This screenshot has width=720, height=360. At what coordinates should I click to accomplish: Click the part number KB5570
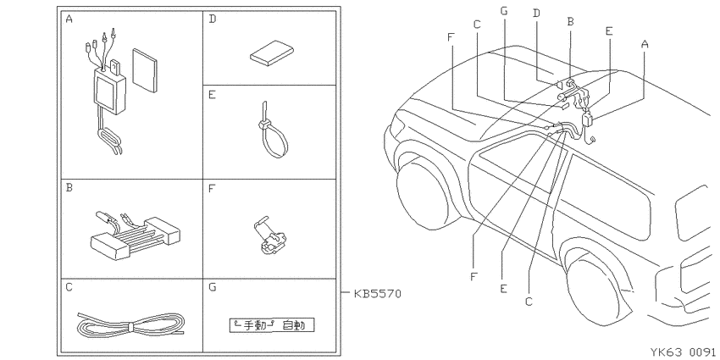point(378,293)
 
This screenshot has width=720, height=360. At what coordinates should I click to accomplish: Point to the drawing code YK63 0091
point(684,352)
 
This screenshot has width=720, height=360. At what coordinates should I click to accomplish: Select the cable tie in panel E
point(272,132)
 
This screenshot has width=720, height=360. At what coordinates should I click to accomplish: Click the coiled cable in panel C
point(130,325)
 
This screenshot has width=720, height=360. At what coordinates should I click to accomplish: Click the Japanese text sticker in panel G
point(273,325)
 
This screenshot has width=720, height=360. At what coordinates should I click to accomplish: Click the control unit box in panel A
point(110,90)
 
